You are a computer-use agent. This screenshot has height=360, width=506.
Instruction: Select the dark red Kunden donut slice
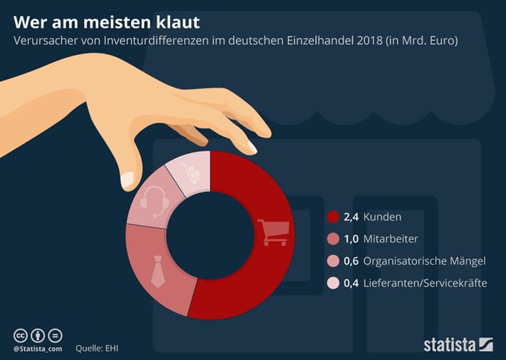[x=249, y=278]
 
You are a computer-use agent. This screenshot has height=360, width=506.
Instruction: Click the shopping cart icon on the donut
[x=273, y=232]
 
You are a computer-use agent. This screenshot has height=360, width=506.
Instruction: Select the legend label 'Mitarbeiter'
[x=391, y=239]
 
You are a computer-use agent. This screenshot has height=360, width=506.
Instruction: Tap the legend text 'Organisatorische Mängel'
[x=424, y=261]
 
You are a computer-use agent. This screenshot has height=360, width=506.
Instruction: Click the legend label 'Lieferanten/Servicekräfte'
[x=425, y=283]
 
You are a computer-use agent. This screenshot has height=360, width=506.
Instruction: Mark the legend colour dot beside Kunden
[x=333, y=217]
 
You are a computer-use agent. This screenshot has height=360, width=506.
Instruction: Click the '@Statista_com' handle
[x=37, y=348]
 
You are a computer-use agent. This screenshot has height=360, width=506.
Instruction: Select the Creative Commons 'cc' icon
[x=21, y=334]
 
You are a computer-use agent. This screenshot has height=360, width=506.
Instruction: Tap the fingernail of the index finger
[x=252, y=147]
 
